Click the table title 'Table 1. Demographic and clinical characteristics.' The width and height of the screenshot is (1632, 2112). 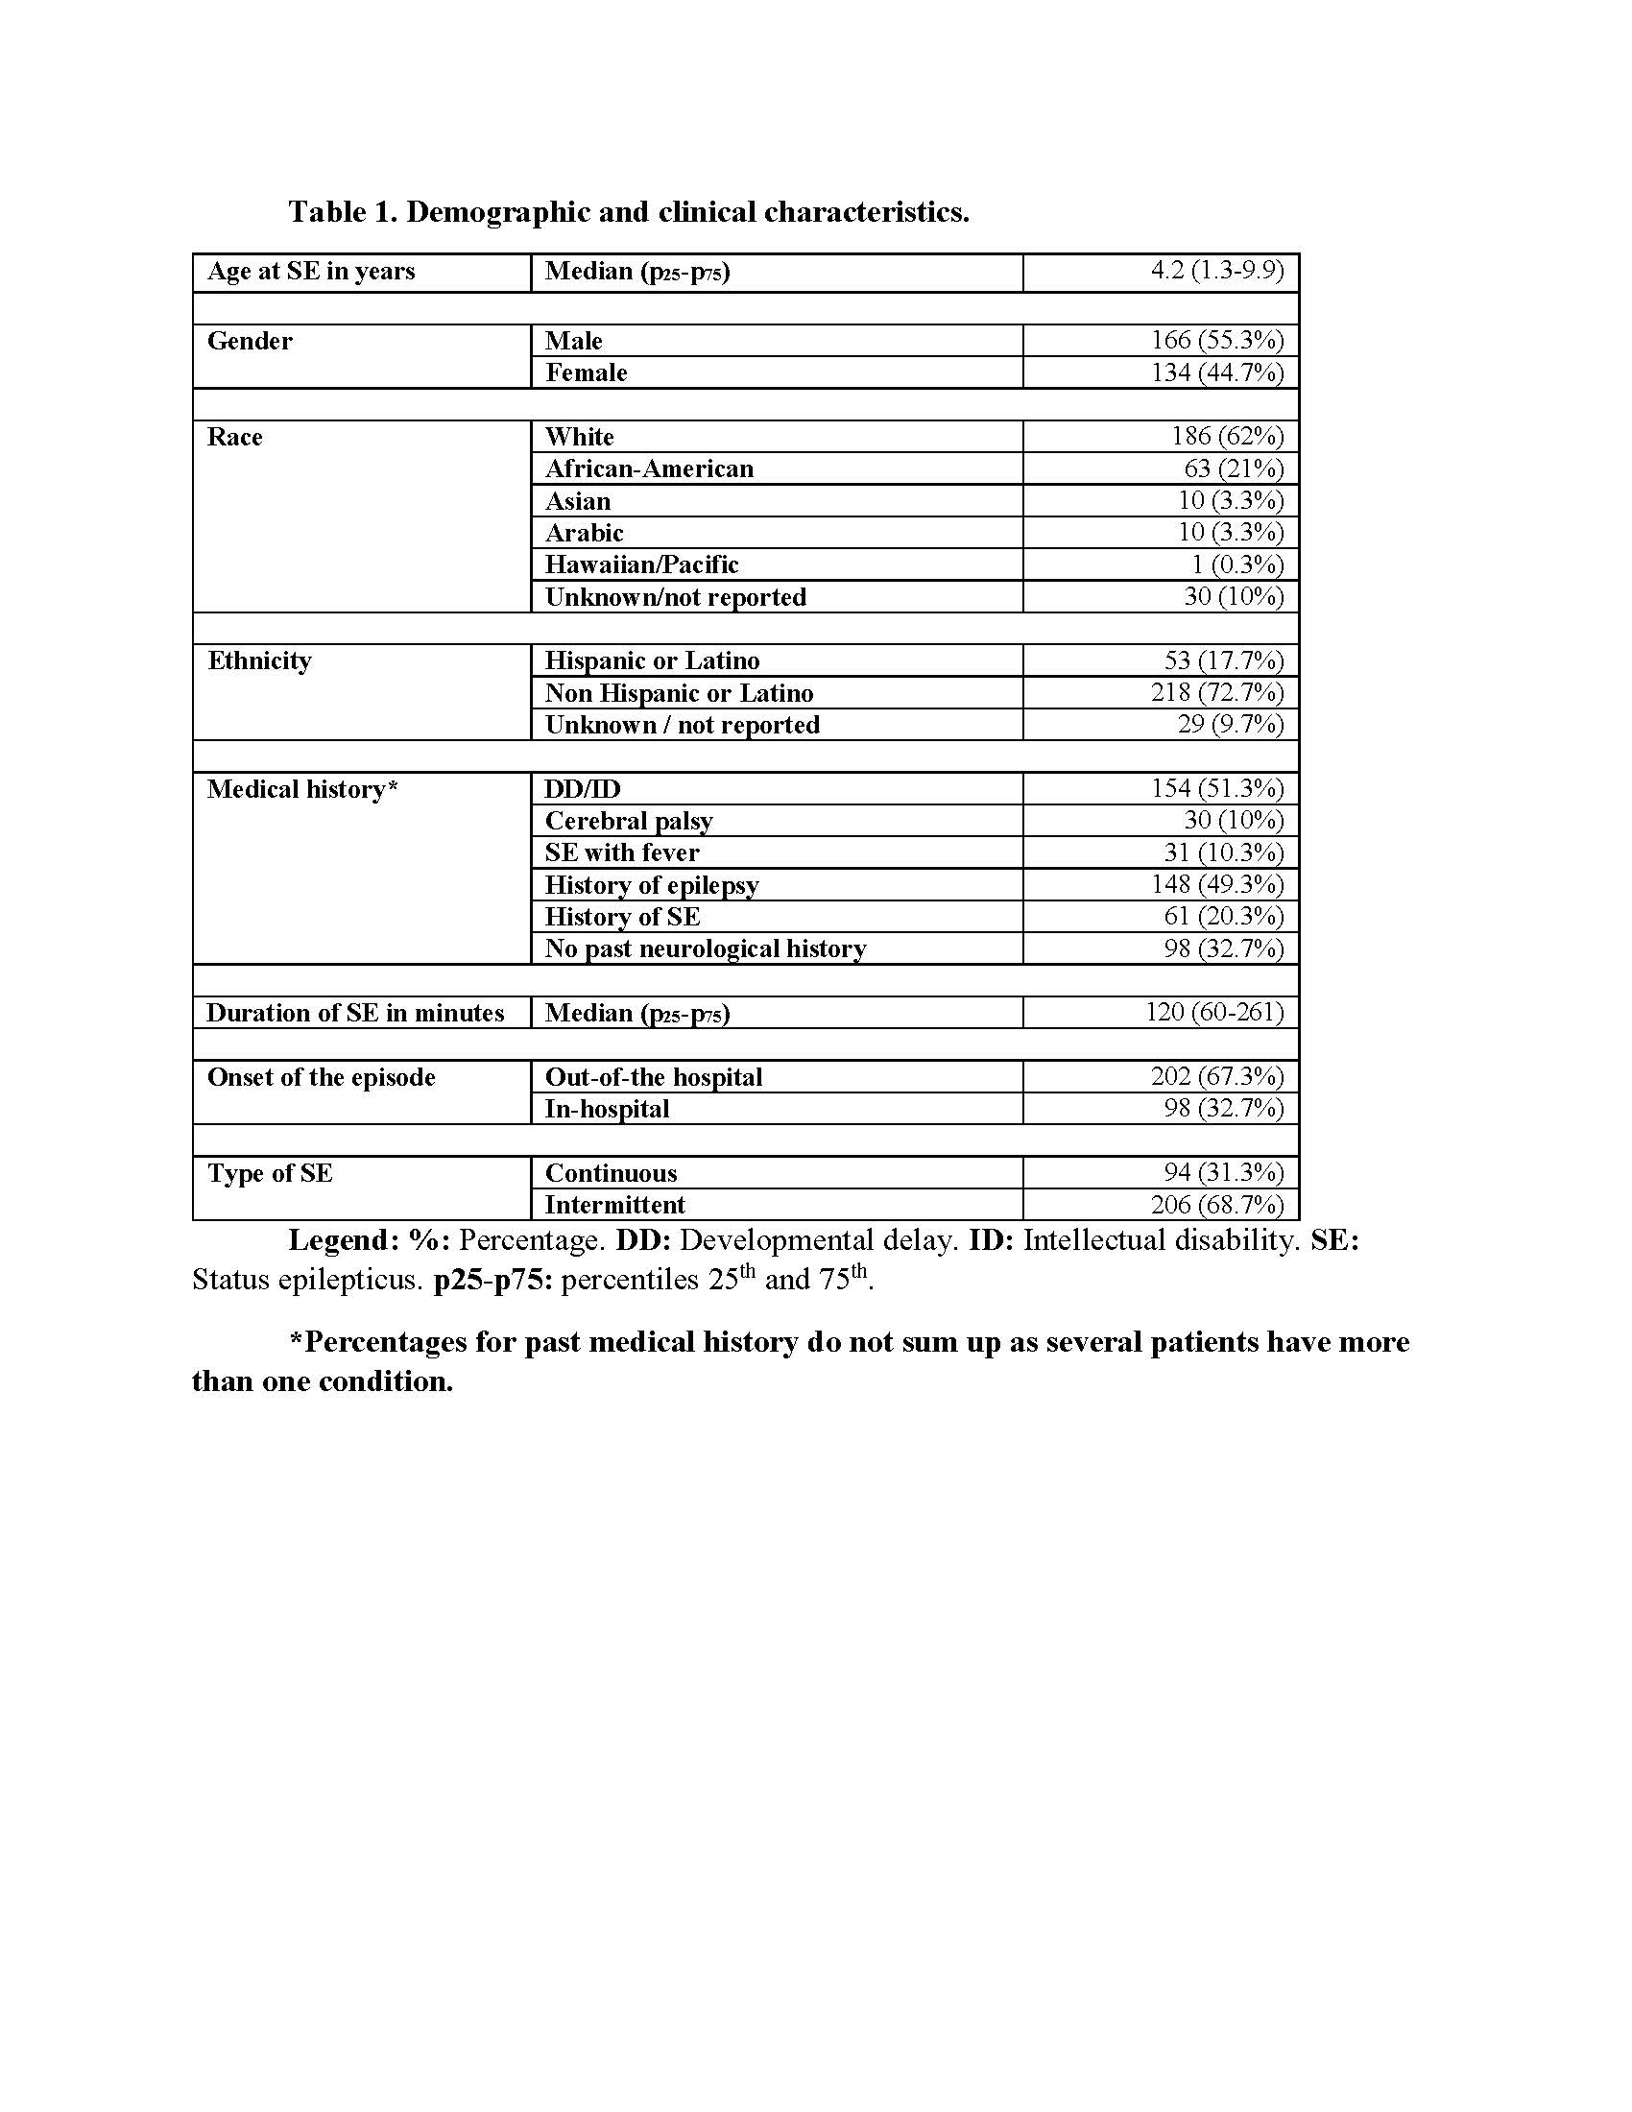tap(629, 212)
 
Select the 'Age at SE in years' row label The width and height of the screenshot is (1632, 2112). tap(310, 272)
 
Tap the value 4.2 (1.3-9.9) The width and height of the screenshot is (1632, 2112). tap(1216, 271)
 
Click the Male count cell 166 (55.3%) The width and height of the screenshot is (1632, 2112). tap(1216, 341)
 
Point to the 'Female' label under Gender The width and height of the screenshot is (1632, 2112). tap(586, 372)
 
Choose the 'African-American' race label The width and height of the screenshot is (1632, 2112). tap(649, 469)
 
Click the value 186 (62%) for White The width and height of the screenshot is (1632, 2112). tap(1227, 436)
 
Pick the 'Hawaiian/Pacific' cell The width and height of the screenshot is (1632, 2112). tap(641, 564)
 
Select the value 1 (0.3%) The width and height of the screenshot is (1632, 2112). tap(1236, 564)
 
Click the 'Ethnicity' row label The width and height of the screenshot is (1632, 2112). tap(259, 661)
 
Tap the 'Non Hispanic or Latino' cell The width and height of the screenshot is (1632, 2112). tap(679, 693)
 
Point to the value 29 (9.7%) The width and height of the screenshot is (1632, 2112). tap(1230, 724)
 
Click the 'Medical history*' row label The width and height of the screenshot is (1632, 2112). tap(301, 790)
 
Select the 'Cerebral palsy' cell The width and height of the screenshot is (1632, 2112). tap(629, 821)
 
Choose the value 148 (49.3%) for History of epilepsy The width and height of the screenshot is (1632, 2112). tap(1216, 885)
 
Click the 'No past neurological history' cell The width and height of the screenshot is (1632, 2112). tap(705, 948)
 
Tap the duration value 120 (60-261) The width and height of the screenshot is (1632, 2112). tap(1214, 1013)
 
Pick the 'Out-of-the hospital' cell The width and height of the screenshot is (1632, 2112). tap(654, 1077)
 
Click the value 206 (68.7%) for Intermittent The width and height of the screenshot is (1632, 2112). tap(1216, 1205)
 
